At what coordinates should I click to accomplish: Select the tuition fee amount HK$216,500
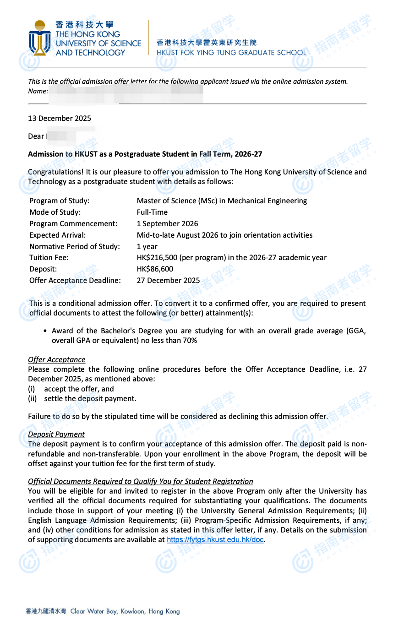tap(158, 258)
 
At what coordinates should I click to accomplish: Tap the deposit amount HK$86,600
tap(155, 269)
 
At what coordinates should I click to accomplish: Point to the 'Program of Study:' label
tap(59, 201)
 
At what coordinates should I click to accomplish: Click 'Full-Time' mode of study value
tap(152, 212)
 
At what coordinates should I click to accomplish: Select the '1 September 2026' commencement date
tap(167, 223)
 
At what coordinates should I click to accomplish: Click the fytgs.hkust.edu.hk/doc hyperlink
tap(215, 539)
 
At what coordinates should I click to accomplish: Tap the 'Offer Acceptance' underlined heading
tap(56, 359)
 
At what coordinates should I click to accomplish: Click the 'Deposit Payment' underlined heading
tap(56, 434)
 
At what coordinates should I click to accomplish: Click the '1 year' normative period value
tap(147, 246)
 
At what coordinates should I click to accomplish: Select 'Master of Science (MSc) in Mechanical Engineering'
tap(222, 201)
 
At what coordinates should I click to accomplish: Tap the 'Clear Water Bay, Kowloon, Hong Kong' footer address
tap(125, 611)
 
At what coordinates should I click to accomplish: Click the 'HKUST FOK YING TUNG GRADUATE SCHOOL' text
tap(231, 52)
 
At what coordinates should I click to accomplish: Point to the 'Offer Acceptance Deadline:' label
tap(75, 280)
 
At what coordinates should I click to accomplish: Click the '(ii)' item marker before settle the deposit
tap(33, 398)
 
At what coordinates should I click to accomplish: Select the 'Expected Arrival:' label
tap(57, 235)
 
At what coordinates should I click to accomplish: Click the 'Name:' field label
tap(38, 91)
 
